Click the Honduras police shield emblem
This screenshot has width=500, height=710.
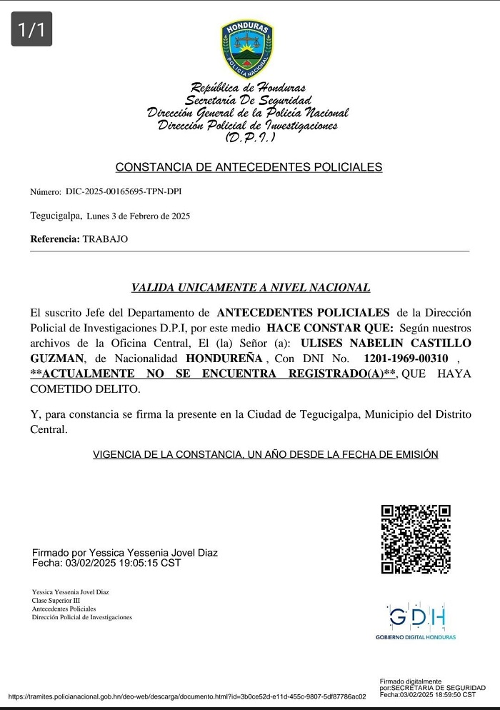point(247,49)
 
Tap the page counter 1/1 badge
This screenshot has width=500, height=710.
point(31,29)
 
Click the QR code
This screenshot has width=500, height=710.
point(416,539)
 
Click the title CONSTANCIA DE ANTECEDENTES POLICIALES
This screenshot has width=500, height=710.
point(249,167)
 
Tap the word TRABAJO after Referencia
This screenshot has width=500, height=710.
point(106,239)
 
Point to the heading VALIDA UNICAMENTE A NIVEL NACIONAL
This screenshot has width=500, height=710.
point(250,288)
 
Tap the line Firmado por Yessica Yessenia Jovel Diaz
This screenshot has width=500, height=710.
point(125,553)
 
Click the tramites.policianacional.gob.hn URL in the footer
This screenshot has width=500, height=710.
point(187,696)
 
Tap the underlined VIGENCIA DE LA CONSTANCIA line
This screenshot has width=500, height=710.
point(265,454)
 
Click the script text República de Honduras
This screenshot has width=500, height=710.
point(249,88)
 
